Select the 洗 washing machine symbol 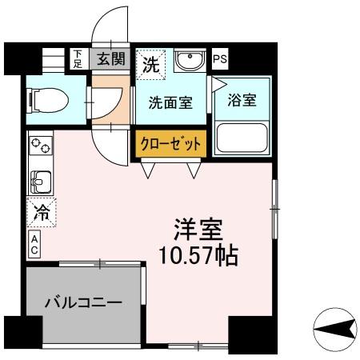pyautogui.click(x=150, y=65)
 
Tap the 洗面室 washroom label pyautogui.click(x=170, y=102)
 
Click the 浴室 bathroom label pyautogui.click(x=242, y=101)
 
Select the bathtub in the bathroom pyautogui.click(x=242, y=137)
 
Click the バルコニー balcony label pyautogui.click(x=82, y=303)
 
